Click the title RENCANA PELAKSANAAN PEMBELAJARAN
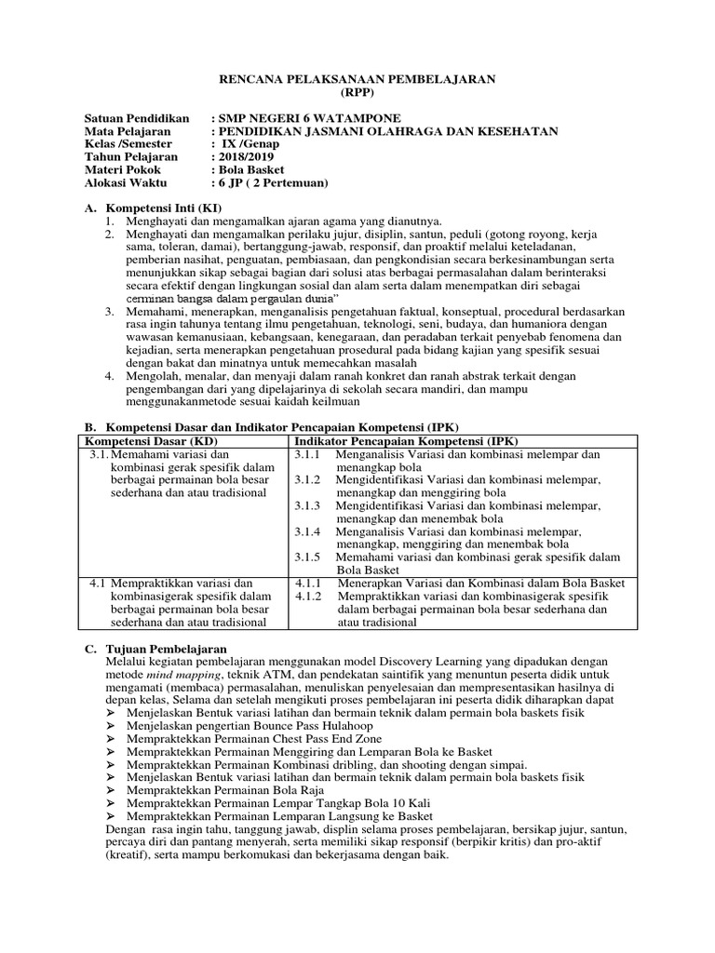[357, 81]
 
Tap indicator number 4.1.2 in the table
[307, 596]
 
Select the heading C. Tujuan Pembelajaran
[168, 648]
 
